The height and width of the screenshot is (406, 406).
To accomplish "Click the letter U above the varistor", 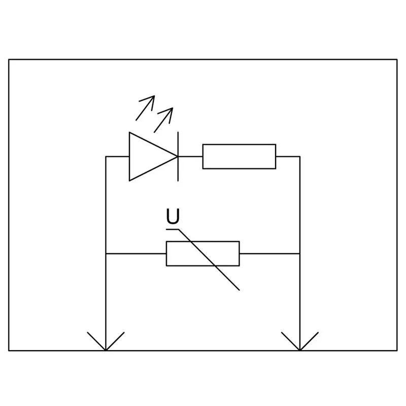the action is coord(173,217).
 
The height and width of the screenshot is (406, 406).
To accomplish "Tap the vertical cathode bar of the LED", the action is coord(178,156).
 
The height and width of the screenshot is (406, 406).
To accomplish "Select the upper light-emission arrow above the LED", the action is coord(145,108).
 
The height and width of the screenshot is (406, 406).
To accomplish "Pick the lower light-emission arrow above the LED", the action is coord(163,120).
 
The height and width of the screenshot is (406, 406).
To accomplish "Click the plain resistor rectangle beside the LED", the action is coord(239,156).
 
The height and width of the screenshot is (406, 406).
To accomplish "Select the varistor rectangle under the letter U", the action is coord(202,253).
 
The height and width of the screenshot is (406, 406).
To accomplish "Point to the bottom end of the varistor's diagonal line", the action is coord(239,290).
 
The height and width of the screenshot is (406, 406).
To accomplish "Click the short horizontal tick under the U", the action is coord(172,229).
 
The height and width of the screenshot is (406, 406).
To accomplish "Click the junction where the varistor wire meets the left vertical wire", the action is coord(106,253).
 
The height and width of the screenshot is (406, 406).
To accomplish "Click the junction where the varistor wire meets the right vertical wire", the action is coord(300,253).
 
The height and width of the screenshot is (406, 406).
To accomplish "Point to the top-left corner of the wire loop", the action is coord(106,156).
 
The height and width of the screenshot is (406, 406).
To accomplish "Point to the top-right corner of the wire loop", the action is coord(300,156).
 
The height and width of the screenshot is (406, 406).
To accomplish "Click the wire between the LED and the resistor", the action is coord(190,156).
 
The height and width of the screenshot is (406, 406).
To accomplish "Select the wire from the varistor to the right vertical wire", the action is coord(269,253).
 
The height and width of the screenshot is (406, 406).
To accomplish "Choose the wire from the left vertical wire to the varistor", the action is coord(136,253).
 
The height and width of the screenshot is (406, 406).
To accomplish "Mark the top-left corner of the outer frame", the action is coord(9,59).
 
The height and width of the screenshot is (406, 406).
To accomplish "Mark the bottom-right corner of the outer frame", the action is coord(397,351).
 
